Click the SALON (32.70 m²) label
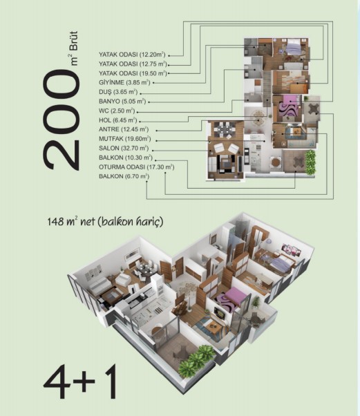click(124, 148)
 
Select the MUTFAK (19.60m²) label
click(124, 139)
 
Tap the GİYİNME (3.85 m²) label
click(124, 82)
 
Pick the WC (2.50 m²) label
click(117, 111)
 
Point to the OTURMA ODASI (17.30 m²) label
click(136, 167)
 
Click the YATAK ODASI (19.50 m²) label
click(133, 73)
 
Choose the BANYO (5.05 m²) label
click(122, 102)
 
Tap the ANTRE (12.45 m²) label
click(124, 129)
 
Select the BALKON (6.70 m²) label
click(124, 176)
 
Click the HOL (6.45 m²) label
click(117, 120)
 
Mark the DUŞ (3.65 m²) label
click(118, 92)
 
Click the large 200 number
click(61, 120)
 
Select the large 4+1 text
click(80, 381)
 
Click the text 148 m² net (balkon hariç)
click(105, 222)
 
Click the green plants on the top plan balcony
click(310, 162)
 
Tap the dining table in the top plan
click(225, 129)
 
